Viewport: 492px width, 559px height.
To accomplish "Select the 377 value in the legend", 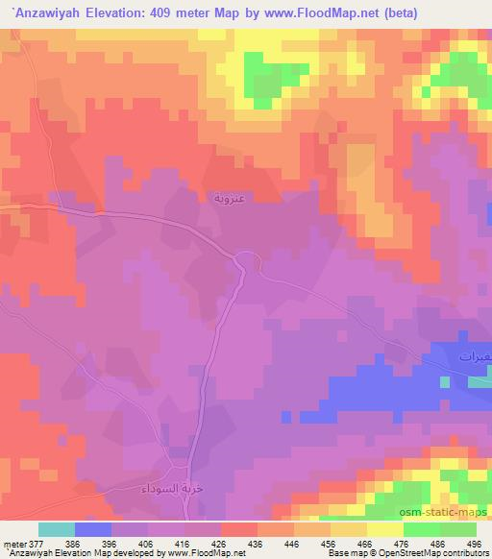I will pyautogui.click(x=33, y=543).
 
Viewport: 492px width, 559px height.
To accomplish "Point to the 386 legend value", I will pyautogui.click(x=92, y=543).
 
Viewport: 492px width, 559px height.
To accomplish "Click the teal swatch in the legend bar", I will pyautogui.click(x=57, y=529).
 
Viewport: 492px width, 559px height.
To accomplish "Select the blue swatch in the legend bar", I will pyautogui.click(x=93, y=529).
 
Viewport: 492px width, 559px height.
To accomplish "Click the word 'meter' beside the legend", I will pyautogui.click(x=12, y=543).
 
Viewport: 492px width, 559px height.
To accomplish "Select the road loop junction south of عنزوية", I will pyautogui.click(x=245, y=260).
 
